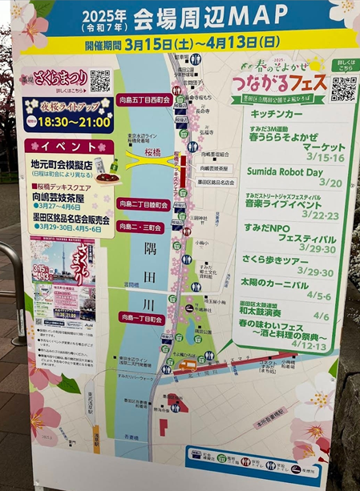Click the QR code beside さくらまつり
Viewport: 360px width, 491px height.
tap(99, 81)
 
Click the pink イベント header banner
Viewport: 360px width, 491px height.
tap(67, 146)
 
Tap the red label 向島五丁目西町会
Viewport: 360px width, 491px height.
tap(144, 101)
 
